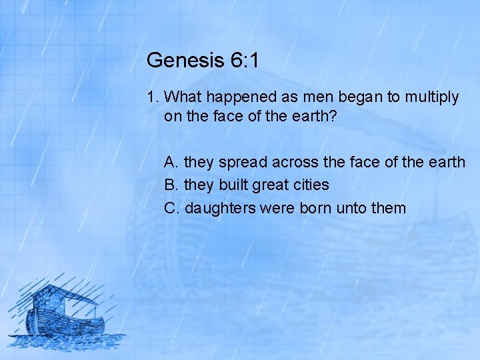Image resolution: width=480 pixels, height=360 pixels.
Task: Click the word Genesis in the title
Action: pyautogui.click(x=183, y=61)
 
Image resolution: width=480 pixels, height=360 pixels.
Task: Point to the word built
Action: pyautogui.click(x=231, y=185)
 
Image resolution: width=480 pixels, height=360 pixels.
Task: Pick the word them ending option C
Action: pyautogui.click(x=389, y=208)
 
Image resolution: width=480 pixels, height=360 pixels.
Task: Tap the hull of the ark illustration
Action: pyautogui.click(x=67, y=325)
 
